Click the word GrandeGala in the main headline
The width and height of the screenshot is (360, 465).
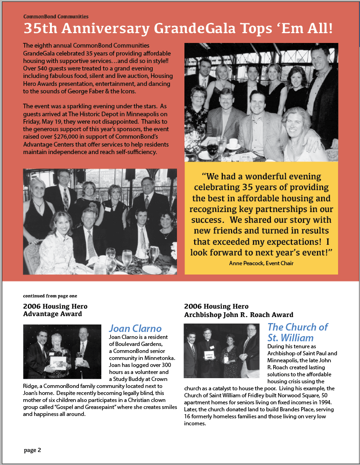(x=204, y=29)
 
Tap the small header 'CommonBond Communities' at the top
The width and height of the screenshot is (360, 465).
(x=56, y=17)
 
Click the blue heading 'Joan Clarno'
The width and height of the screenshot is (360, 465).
(x=135, y=328)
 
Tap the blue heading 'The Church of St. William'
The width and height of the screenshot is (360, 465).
(x=297, y=332)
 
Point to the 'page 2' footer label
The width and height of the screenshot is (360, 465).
(x=33, y=450)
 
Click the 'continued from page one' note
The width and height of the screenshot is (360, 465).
(x=50, y=296)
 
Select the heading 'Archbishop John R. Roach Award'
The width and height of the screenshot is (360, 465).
(x=239, y=315)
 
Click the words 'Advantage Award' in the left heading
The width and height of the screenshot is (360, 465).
(x=52, y=314)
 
